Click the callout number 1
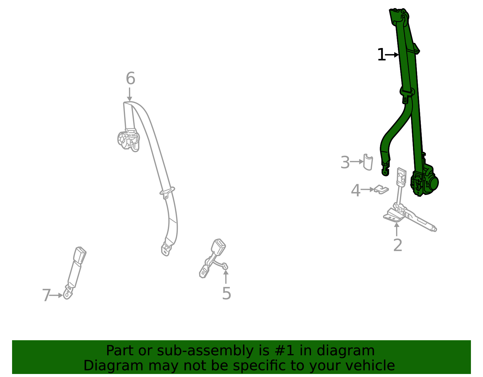[x=381, y=55]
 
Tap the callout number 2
[x=398, y=245]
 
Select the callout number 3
[x=345, y=162]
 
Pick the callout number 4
[x=355, y=190]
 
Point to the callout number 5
[x=226, y=293]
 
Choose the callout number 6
[x=130, y=78]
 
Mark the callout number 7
[x=46, y=295]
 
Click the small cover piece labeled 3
[x=368, y=162]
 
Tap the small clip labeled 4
[x=381, y=190]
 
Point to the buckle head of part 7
[x=80, y=254]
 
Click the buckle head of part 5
[x=219, y=246]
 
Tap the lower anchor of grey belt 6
[x=166, y=249]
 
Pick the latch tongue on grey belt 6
[x=167, y=192]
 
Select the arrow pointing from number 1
[x=392, y=55]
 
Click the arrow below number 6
[x=130, y=94]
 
